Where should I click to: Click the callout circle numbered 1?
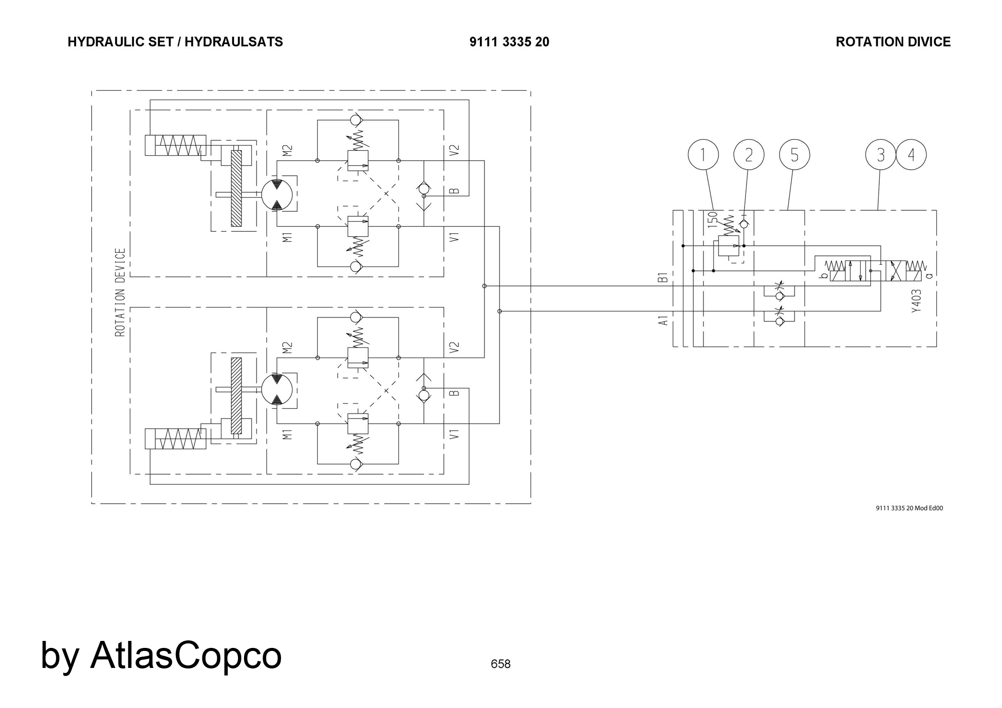pos(703,155)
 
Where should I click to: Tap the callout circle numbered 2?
pos(748,155)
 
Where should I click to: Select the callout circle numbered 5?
pos(795,155)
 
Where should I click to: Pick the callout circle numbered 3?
pos(881,155)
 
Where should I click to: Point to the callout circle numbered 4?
pos(911,155)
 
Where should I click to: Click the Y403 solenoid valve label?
pos(916,301)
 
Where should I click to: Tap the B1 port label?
pos(663,277)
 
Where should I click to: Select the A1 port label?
pos(663,320)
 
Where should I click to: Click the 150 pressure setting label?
pos(712,220)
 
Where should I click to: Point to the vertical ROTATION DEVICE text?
pos(120,292)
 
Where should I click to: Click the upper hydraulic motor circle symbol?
pos(277,195)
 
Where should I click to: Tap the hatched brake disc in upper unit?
pos(236,188)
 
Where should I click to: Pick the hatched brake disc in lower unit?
pos(236,396)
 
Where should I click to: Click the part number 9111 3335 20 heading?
pos(509,42)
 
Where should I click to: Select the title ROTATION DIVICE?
pos(893,42)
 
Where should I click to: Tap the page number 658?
pos(500,664)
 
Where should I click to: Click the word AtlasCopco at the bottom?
pos(185,655)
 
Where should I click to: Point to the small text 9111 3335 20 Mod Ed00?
pos(909,508)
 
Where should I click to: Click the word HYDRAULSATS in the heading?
pos(233,42)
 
